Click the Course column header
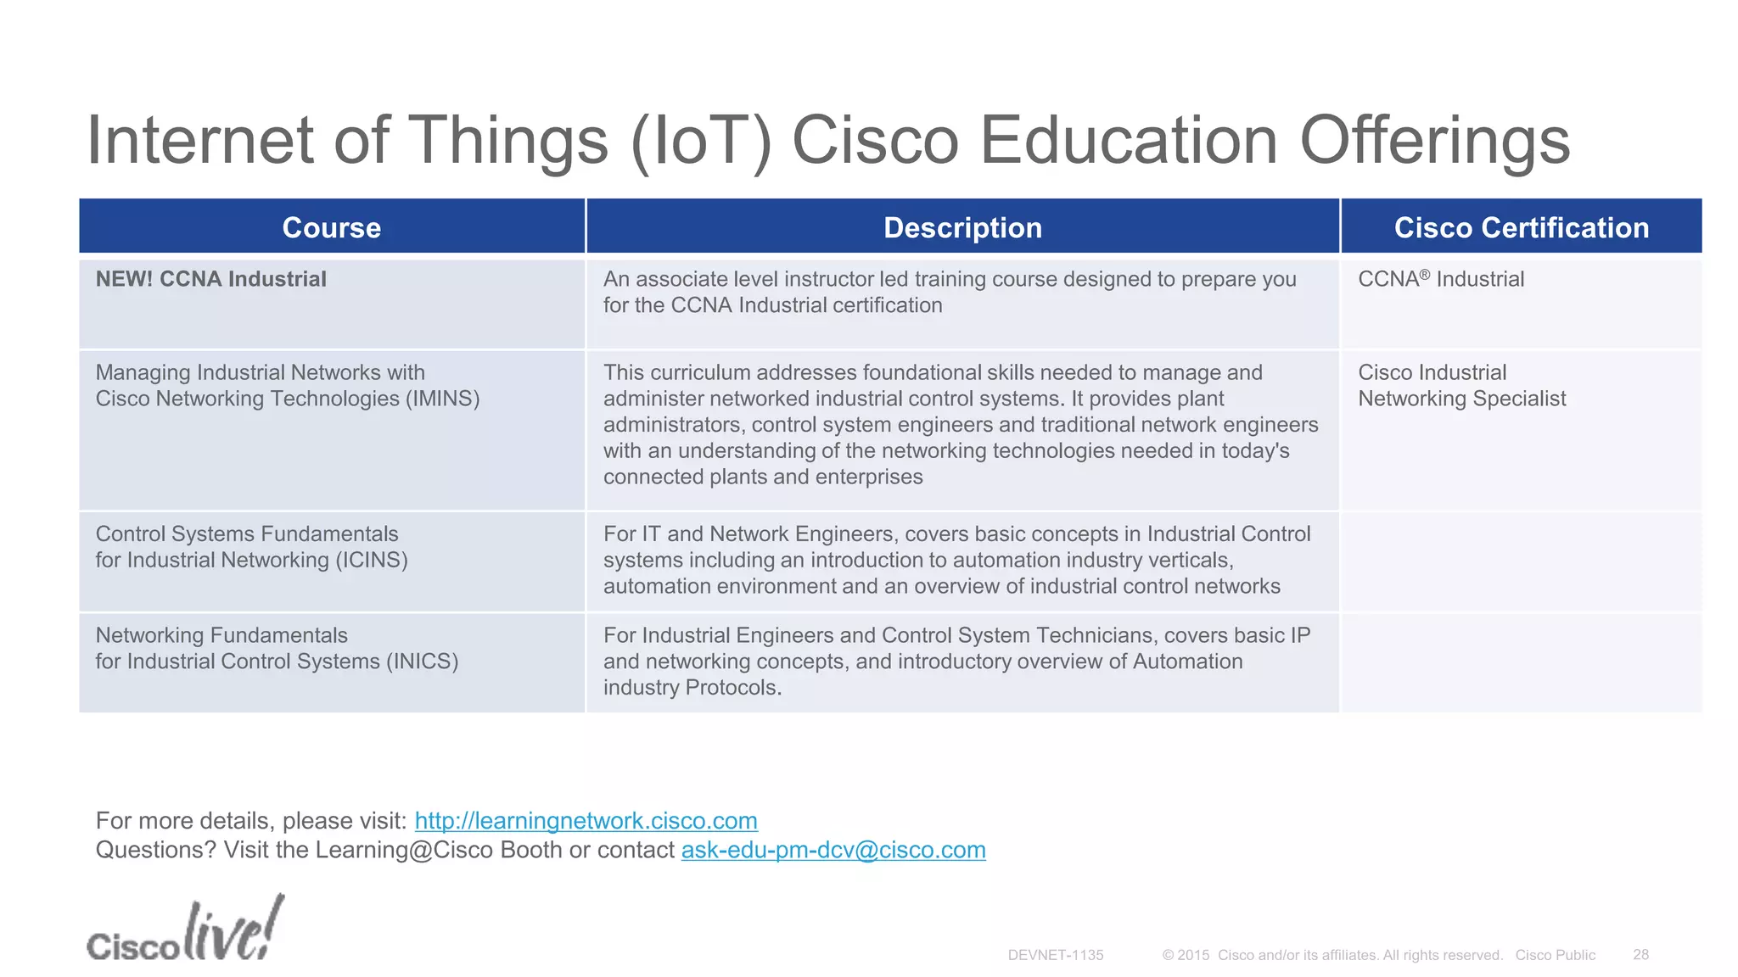[x=331, y=227]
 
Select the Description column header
[x=962, y=227]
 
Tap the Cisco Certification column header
[x=1521, y=227]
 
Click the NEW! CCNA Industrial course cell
[x=210, y=279]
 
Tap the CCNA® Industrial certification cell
[x=1440, y=279]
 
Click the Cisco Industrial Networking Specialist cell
[x=1461, y=386]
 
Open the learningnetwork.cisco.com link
[x=586, y=821]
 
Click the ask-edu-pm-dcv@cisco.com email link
[x=833, y=850]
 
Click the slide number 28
[x=1640, y=955]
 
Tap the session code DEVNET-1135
[x=1055, y=955]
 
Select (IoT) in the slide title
[x=701, y=140]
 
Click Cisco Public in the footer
[x=1555, y=955]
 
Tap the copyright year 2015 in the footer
[x=1193, y=955]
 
